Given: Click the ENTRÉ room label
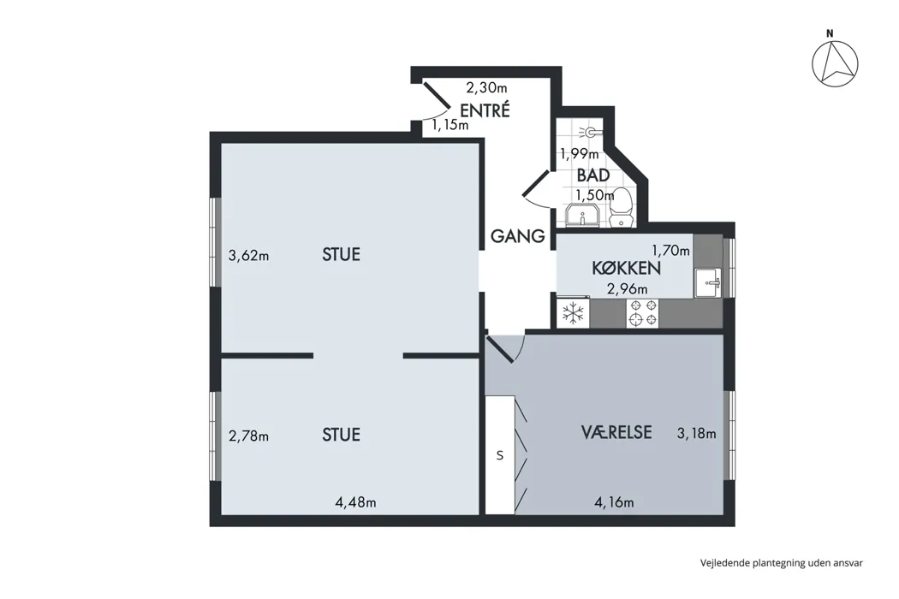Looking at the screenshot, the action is [485, 110].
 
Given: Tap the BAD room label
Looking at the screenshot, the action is [592, 175].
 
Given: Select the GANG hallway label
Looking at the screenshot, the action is [518, 236].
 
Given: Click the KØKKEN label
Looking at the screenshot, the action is [626, 268].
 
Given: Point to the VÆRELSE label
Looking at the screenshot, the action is [616, 431].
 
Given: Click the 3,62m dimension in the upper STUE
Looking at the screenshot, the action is [249, 255].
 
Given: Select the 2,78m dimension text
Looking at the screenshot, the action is [249, 436].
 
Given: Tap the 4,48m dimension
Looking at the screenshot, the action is [355, 502].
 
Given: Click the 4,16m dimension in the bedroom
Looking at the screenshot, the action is [614, 502].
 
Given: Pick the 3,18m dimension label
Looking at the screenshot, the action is [697, 433].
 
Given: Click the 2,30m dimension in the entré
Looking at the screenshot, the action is [487, 87].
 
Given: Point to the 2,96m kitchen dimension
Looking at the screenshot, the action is [628, 288].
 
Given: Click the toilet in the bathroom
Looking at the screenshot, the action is [621, 207].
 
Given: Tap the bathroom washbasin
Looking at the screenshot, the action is [582, 216].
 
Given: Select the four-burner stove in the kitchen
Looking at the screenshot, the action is [643, 313].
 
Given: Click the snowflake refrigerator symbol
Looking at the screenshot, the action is [573, 313].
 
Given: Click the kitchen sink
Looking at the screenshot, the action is [709, 282].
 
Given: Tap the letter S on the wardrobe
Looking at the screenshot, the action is [500, 456].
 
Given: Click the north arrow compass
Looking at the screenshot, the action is [835, 63].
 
